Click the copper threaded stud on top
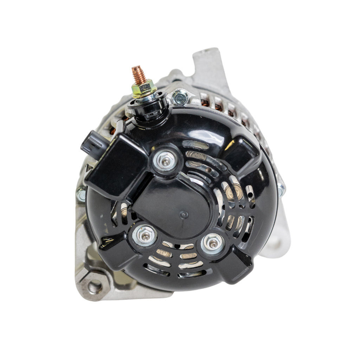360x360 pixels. point(139,75)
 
